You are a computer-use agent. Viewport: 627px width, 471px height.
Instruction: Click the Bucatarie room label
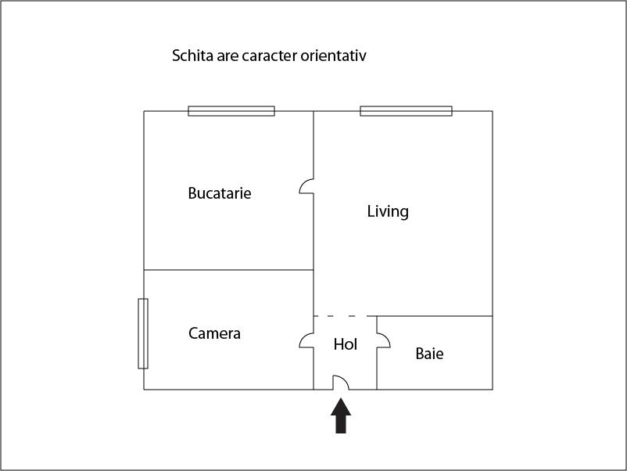pos(220,193)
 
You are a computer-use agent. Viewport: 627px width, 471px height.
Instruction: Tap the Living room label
pos(388,211)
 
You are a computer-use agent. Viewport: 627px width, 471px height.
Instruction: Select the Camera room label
pos(214,333)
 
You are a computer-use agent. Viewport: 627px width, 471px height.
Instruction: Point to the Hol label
pos(345,344)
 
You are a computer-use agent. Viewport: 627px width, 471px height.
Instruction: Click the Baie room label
pos(429,354)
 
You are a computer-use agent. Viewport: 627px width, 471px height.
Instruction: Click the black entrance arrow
pos(341,415)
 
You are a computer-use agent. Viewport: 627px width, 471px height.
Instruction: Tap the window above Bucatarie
pos(231,111)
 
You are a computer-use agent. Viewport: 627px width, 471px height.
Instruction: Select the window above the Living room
pos(406,111)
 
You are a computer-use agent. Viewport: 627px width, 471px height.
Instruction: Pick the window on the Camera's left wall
pos(143,333)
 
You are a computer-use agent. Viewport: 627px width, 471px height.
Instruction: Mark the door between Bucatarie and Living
pos(307,186)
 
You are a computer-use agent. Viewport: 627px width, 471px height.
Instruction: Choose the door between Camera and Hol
pos(306,340)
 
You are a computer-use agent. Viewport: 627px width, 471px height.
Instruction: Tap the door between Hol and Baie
pos(383,340)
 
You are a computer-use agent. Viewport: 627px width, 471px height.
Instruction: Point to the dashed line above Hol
pos(345,316)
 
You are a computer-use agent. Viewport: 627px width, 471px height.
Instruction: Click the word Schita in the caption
pos(191,56)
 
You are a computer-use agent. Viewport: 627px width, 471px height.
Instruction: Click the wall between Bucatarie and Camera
pos(228,270)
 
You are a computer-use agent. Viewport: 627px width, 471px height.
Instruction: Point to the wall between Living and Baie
pos(435,316)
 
